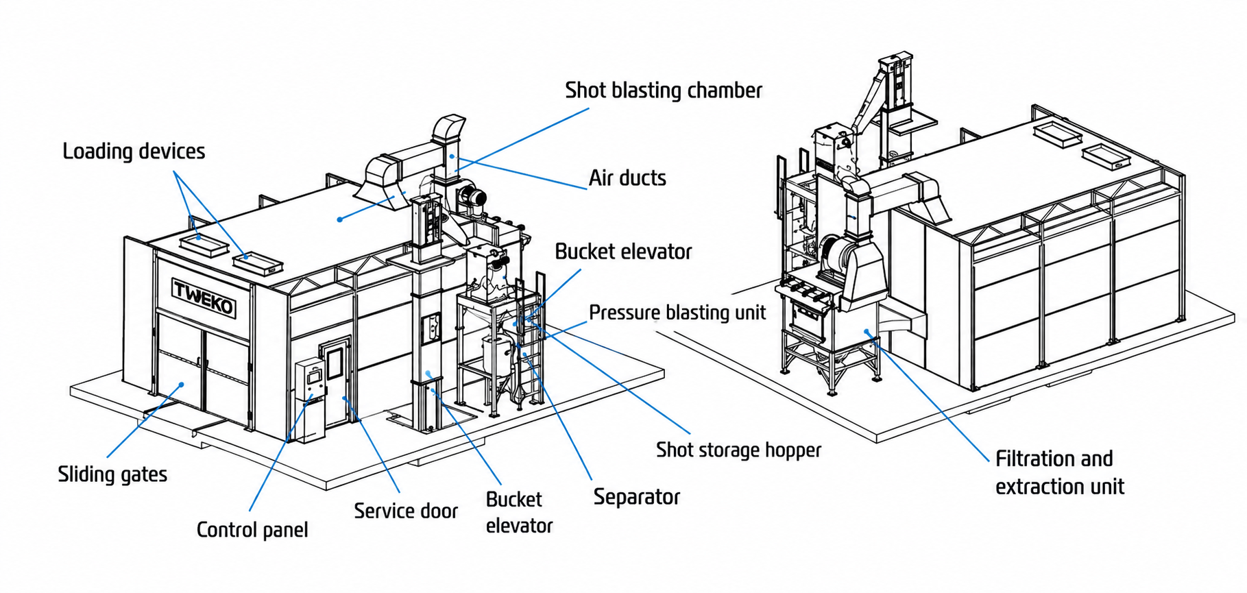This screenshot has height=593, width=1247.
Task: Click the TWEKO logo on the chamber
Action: point(204,298)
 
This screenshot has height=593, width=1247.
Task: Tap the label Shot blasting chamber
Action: point(663,90)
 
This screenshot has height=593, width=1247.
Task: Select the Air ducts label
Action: point(627,178)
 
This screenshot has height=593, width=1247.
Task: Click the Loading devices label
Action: point(134,152)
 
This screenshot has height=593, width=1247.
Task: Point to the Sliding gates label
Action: point(112,474)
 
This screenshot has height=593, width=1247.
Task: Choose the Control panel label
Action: point(252,530)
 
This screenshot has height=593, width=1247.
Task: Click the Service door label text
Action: point(406,511)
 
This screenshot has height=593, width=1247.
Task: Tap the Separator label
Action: point(637,497)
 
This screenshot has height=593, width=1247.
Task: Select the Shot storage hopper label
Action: point(738,450)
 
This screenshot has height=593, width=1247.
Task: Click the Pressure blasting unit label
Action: point(677,313)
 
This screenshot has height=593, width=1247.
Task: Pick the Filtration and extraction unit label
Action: point(1060,472)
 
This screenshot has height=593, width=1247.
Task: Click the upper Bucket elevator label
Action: point(623,252)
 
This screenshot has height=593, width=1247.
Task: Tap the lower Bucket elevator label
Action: point(519,512)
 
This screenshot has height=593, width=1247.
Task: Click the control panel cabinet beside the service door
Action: point(311,400)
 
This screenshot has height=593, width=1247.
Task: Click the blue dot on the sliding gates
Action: point(182,385)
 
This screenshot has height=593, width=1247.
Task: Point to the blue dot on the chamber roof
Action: point(339,219)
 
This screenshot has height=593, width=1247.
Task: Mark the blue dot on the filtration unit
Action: point(867,332)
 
